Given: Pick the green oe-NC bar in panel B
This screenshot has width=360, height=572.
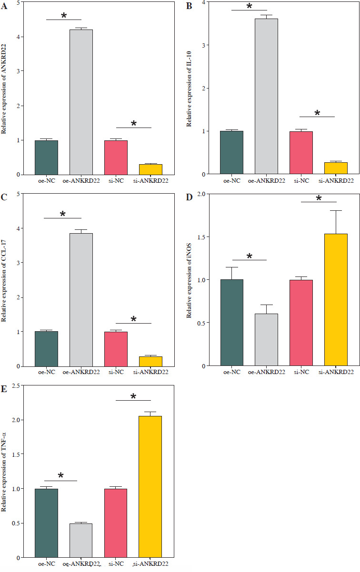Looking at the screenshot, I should (x=231, y=152).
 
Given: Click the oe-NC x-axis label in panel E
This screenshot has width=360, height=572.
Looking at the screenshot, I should (x=46, y=564).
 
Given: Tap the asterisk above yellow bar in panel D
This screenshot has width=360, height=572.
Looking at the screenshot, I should (x=319, y=198).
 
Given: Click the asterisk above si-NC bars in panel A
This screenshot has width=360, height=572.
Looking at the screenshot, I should (x=134, y=124).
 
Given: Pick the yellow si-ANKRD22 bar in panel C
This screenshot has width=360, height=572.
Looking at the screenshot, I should (x=150, y=361).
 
